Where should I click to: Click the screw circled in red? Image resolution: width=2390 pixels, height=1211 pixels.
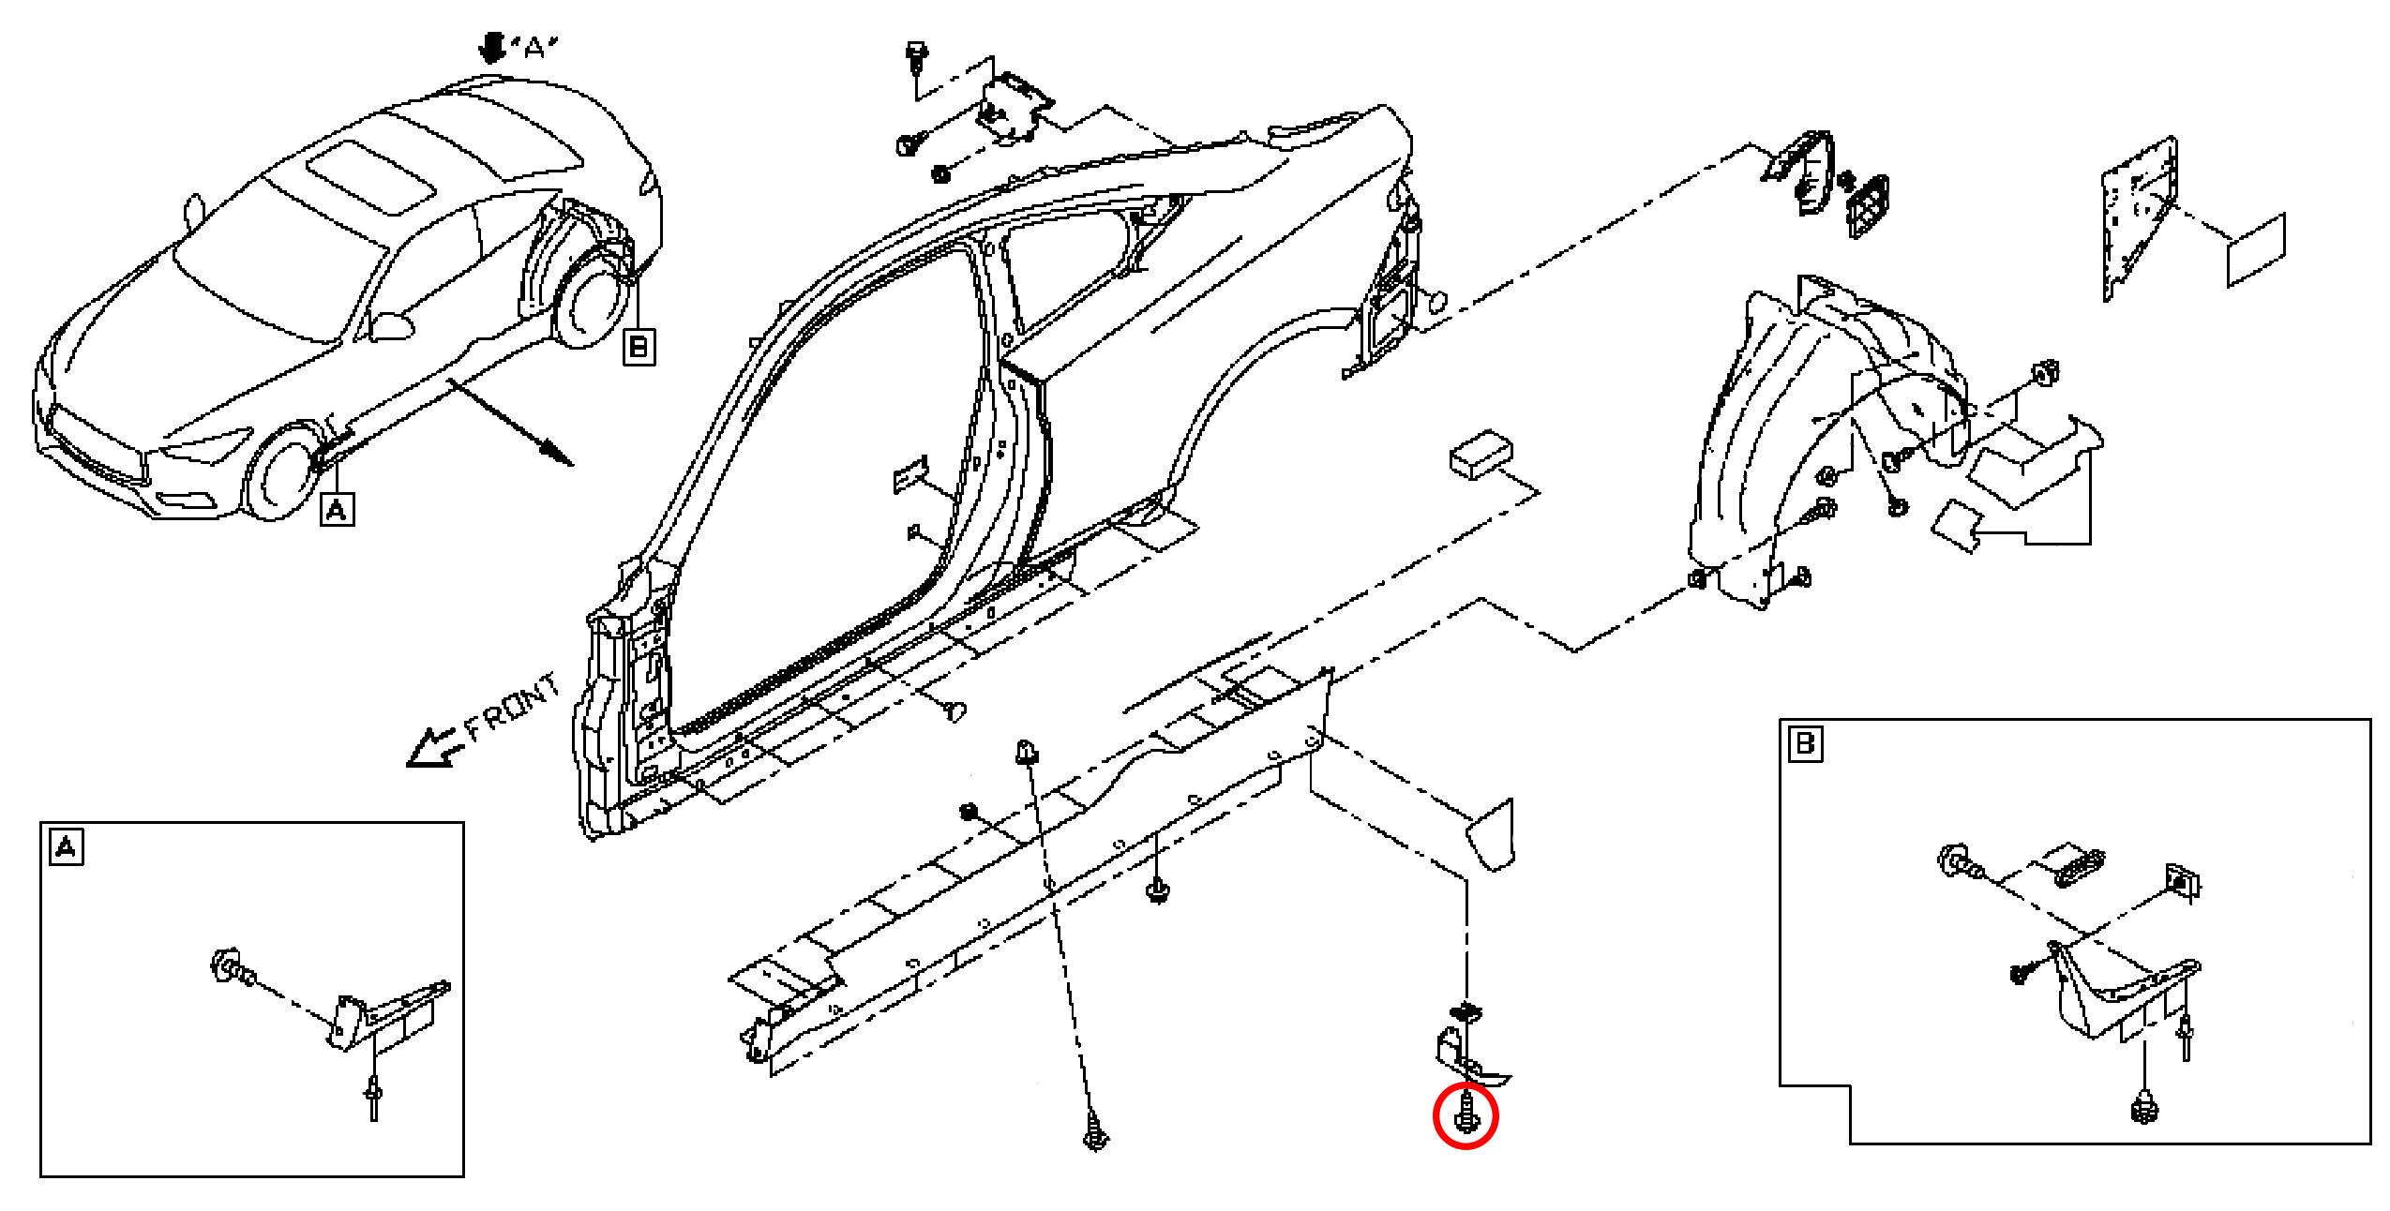pos(1466,1114)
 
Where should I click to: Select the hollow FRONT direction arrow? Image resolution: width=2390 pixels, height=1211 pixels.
pos(434,748)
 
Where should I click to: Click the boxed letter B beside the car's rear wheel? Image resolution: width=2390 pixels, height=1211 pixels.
pos(639,347)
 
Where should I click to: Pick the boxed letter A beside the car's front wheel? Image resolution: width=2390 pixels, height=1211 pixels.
pos(337,510)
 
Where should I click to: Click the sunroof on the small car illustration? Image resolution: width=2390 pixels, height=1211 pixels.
pos(370,178)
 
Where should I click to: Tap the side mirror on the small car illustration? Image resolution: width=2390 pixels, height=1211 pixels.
pos(391,325)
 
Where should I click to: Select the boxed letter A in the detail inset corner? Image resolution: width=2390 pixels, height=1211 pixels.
pos(66,847)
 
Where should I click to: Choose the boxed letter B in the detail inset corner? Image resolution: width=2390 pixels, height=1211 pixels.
pos(1805,745)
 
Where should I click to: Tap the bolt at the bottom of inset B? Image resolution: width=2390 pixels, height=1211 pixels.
pos(2143,1107)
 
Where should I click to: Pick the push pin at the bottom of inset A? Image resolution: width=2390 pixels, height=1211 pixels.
pos(374,1099)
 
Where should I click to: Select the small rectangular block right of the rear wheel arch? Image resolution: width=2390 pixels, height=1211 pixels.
pos(1481,455)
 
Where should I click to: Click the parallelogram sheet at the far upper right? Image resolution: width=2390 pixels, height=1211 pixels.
pos(2256,249)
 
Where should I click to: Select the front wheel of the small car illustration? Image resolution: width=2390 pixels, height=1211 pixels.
pos(280,474)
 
